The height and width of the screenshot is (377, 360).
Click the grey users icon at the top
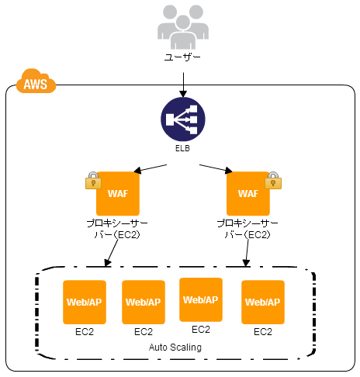tap(183, 27)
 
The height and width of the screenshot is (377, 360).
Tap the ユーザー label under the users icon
tap(182, 57)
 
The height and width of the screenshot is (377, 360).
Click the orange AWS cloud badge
tap(36, 81)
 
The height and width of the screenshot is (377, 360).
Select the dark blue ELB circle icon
tap(183, 119)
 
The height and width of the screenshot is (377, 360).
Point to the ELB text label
tap(182, 148)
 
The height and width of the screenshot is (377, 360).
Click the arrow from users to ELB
tap(183, 85)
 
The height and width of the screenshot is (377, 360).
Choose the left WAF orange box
tap(118, 193)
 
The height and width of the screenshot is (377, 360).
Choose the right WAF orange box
tap(248, 193)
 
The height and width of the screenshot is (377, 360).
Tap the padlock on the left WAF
tap(93, 181)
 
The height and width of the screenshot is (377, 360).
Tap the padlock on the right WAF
tap(273, 181)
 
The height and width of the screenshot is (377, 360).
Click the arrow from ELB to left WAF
tap(151, 168)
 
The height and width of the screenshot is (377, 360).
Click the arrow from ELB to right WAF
tap(216, 168)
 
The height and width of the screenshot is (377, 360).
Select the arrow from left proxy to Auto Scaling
tap(112, 253)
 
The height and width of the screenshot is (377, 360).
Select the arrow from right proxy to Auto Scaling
tap(247, 253)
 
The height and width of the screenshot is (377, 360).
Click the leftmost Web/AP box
tap(85, 302)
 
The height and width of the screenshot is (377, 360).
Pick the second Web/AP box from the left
tap(144, 302)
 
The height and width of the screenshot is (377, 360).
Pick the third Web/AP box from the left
tap(201, 299)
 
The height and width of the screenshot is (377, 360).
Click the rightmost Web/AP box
tap(263, 302)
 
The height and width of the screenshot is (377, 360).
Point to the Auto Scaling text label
tap(175, 348)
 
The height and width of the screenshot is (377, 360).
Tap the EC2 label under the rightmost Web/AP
tap(263, 332)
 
